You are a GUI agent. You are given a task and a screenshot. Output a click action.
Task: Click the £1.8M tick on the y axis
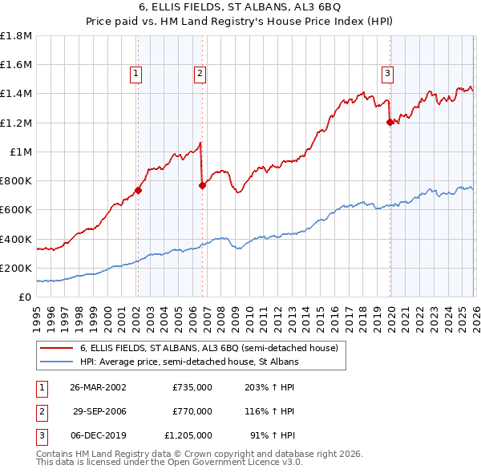pos(16,36)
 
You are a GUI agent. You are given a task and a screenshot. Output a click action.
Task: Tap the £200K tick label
pos(16,268)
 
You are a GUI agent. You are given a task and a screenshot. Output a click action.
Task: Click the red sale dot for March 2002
pos(138,190)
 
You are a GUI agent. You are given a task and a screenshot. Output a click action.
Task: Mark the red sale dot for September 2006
pos(202,185)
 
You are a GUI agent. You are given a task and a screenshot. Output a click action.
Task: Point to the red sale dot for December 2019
pos(390,122)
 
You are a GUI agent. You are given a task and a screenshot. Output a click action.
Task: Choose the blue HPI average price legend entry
pos(188,362)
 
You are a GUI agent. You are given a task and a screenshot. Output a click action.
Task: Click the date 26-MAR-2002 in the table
pos(98,386)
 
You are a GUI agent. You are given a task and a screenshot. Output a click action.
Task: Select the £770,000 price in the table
pos(192,411)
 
